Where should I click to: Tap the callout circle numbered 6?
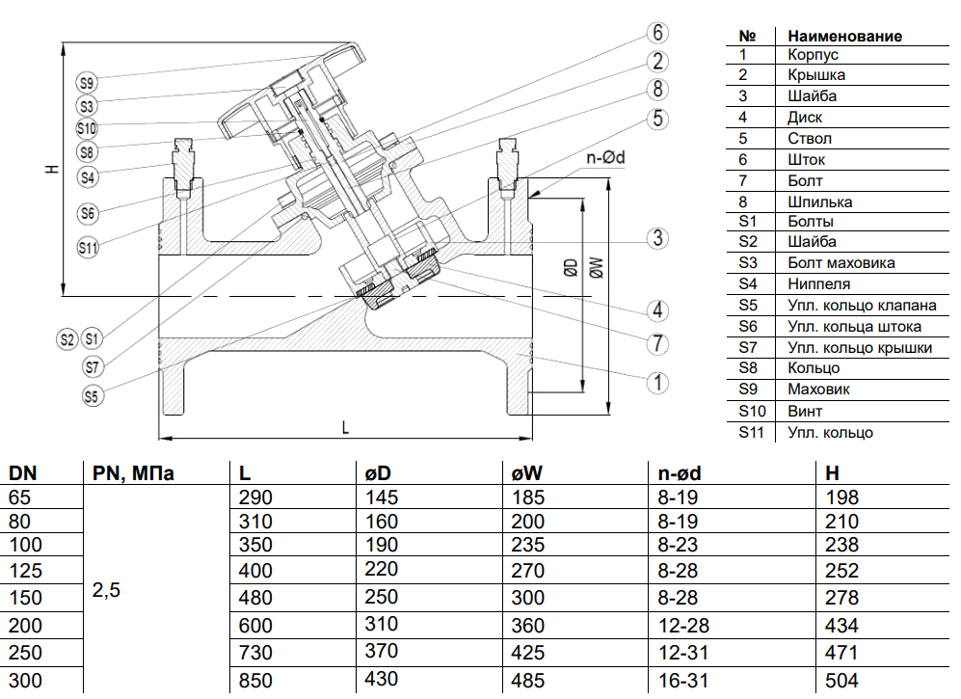click(x=657, y=32)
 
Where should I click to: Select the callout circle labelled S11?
click(x=88, y=247)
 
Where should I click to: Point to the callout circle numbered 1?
click(x=657, y=383)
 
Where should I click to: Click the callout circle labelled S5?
click(x=91, y=395)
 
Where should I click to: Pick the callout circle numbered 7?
click(x=657, y=342)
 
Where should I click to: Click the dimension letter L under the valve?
click(x=344, y=428)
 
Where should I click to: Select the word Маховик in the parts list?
click(x=818, y=390)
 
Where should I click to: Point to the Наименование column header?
click(x=844, y=36)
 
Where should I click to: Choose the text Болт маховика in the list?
click(x=841, y=262)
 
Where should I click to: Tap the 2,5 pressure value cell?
click(x=106, y=587)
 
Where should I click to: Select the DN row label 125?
click(x=25, y=570)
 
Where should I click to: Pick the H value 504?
click(x=842, y=680)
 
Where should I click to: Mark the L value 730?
click(x=255, y=653)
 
